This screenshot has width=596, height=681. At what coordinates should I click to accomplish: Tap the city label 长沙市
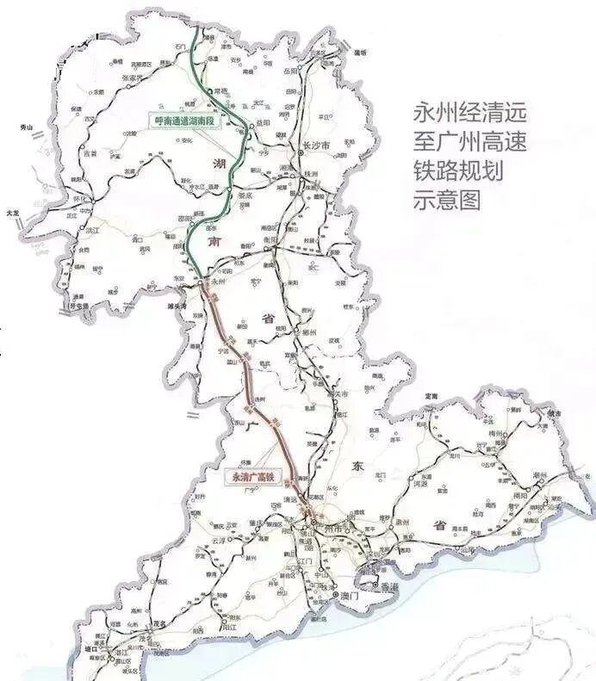point(318,147)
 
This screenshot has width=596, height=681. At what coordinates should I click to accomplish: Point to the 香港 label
point(389,585)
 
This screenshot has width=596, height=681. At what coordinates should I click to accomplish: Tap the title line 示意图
point(450,200)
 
